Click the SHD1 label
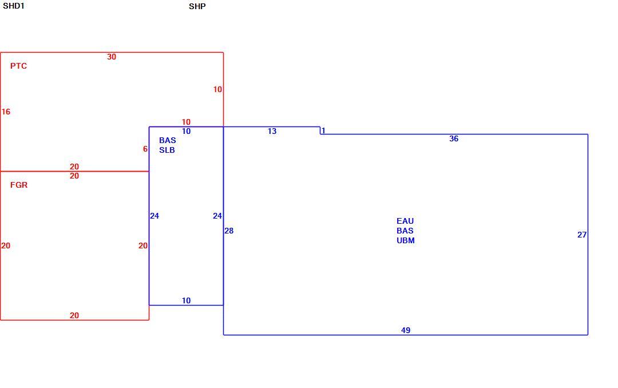coord(13,6)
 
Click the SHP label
coord(197,6)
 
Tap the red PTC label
coord(18,66)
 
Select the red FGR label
coord(19,185)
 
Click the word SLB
coord(167,150)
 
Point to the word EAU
coord(405,221)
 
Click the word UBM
coord(406,240)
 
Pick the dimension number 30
coord(112,57)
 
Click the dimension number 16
coord(6,112)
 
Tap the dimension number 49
coord(406,330)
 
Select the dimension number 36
coord(454,138)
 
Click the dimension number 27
coord(582,235)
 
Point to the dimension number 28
coord(229,231)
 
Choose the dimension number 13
coord(272,131)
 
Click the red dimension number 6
coord(145,149)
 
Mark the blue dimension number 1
coord(323,130)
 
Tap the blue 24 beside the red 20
coord(154,216)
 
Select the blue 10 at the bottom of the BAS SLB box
coord(186,300)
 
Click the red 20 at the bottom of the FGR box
coord(74,315)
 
